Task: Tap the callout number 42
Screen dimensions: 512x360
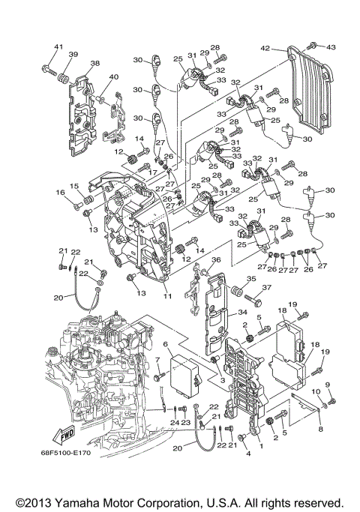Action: coord(265,48)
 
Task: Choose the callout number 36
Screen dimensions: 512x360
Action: coord(216,260)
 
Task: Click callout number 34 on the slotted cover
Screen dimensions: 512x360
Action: coord(242,312)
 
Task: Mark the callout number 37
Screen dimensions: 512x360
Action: coord(266,288)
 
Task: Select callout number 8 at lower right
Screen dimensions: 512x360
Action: coord(319,430)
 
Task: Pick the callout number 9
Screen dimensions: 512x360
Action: coord(327,385)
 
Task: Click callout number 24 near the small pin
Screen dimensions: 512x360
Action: coord(173,423)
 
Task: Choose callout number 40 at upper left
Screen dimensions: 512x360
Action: coord(114,77)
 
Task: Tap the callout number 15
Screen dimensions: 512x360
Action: coord(74,186)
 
